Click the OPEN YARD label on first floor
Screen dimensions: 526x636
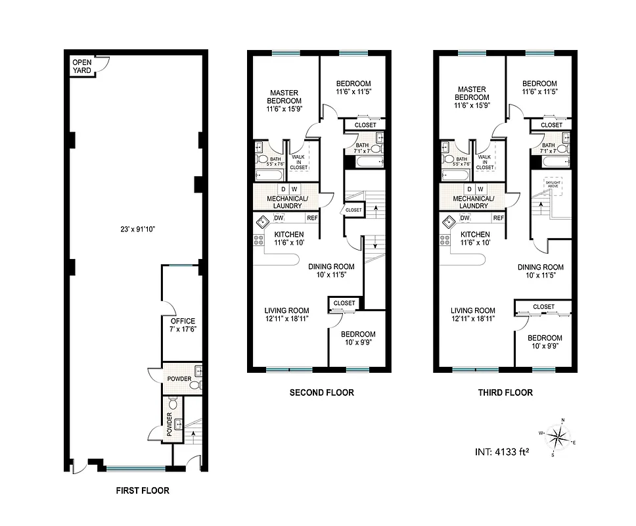[82, 65]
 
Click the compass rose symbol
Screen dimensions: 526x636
[558, 436]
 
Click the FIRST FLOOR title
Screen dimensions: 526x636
[142, 490]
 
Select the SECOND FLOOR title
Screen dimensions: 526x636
[321, 393]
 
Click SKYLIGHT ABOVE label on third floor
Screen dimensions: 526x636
[554, 186]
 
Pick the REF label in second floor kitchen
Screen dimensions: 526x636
[312, 218]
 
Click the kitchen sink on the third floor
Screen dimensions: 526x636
[447, 222]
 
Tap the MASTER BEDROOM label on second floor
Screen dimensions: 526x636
[284, 99]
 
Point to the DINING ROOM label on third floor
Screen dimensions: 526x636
[540, 272]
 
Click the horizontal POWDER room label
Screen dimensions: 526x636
[179, 379]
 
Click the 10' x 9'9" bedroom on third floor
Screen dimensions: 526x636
[545, 342]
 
